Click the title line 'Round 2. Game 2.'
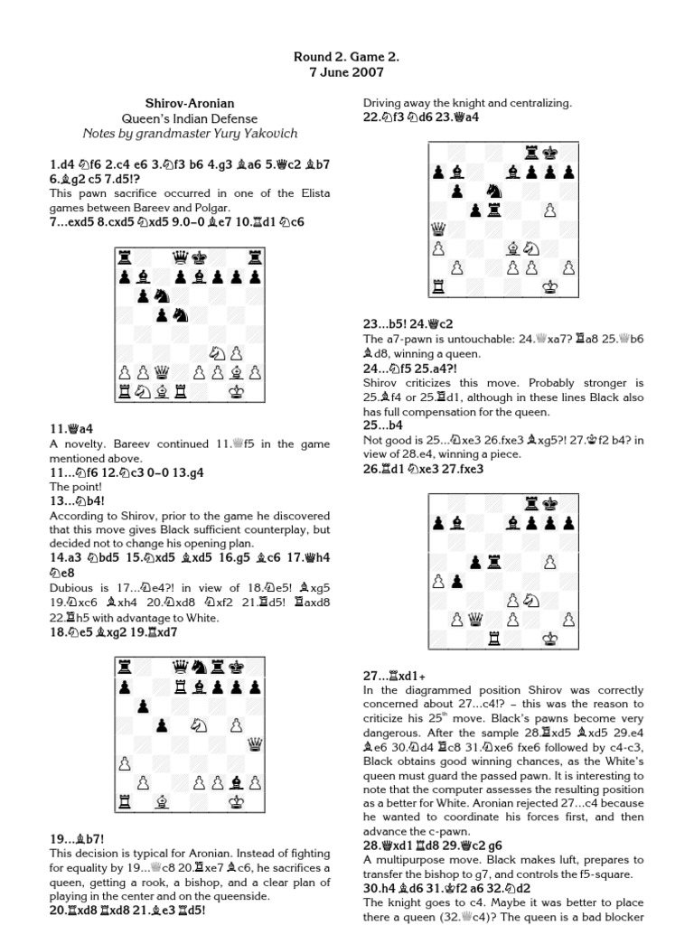pyautogui.click(x=346, y=57)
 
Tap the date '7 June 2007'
pyautogui.click(x=346, y=72)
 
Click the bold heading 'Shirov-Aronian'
pyautogui.click(x=190, y=104)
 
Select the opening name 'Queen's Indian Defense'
pyautogui.click(x=190, y=118)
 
